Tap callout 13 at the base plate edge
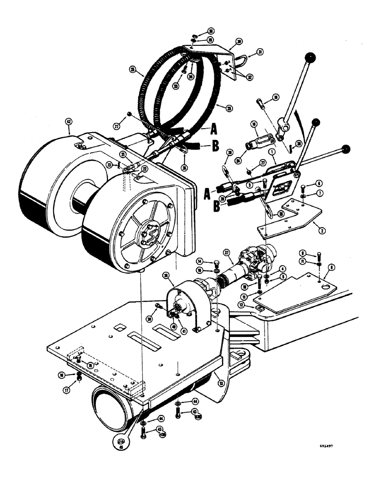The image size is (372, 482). tap(221, 384)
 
